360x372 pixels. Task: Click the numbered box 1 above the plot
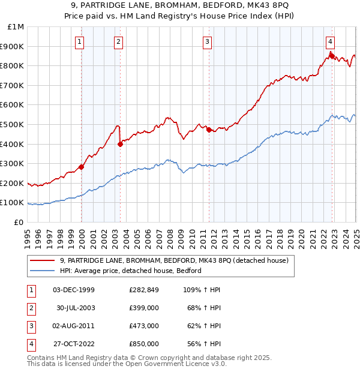[x=80, y=41]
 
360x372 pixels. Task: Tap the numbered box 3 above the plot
[x=207, y=41]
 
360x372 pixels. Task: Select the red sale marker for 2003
[x=121, y=144]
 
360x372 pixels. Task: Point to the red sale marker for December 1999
[x=81, y=167]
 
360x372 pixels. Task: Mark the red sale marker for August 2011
[x=209, y=130]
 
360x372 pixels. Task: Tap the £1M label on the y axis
[x=16, y=27]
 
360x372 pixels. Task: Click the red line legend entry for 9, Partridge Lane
[x=174, y=260]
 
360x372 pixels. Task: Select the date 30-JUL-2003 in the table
[x=76, y=308]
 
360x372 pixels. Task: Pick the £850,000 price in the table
[x=143, y=344]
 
